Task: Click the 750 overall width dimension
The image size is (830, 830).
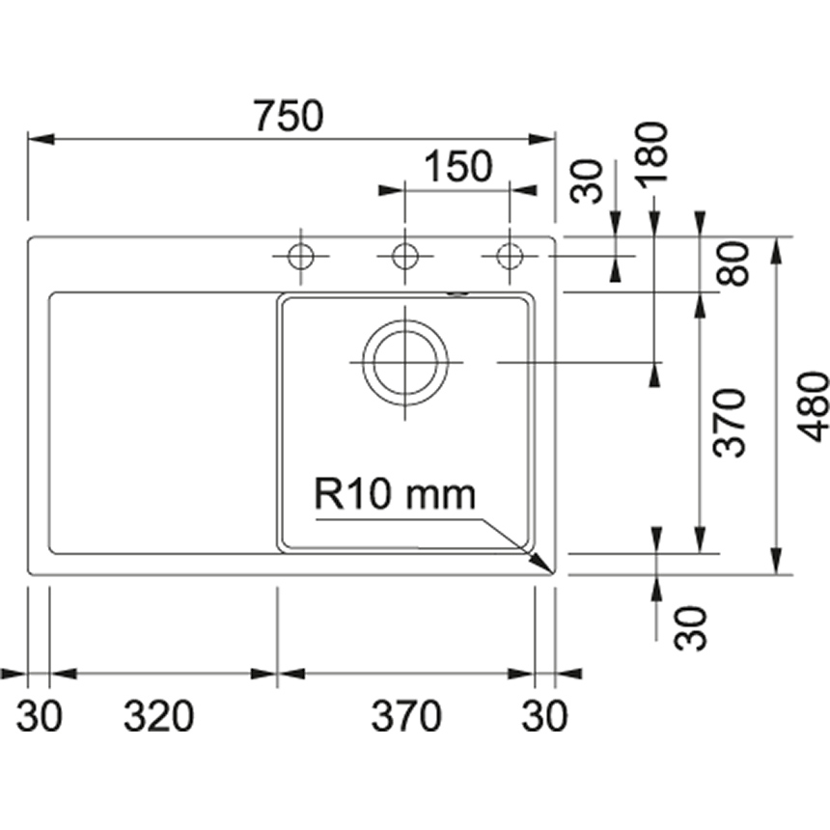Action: click(x=289, y=116)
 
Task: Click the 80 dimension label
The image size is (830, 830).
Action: click(x=735, y=264)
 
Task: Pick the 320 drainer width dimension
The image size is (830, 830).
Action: click(x=159, y=717)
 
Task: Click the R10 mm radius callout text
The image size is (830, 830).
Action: click(x=395, y=495)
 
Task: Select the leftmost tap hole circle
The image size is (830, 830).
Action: click(x=301, y=257)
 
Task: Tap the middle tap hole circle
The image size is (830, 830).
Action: click(x=405, y=257)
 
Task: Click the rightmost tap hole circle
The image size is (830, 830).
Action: click(x=509, y=257)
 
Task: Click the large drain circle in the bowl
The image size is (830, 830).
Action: click(x=405, y=363)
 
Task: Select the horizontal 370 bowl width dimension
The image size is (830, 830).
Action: click(x=406, y=717)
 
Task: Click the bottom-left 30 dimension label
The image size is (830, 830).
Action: click(x=40, y=717)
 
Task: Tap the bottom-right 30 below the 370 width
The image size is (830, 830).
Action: click(x=545, y=717)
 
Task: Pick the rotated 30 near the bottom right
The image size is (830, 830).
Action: click(x=691, y=627)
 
